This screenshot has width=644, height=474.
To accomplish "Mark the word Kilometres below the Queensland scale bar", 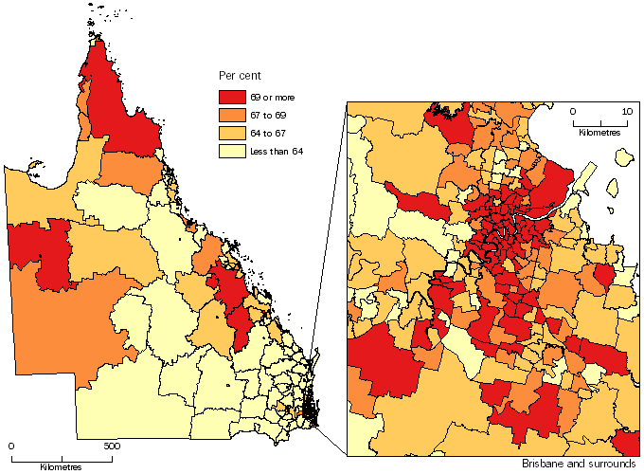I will (x=61, y=466).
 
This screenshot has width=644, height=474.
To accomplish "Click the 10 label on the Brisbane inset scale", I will (x=626, y=111).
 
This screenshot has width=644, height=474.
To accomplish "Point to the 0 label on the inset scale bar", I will (x=574, y=111).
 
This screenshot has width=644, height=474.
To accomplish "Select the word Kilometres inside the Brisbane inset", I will (x=599, y=133).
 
